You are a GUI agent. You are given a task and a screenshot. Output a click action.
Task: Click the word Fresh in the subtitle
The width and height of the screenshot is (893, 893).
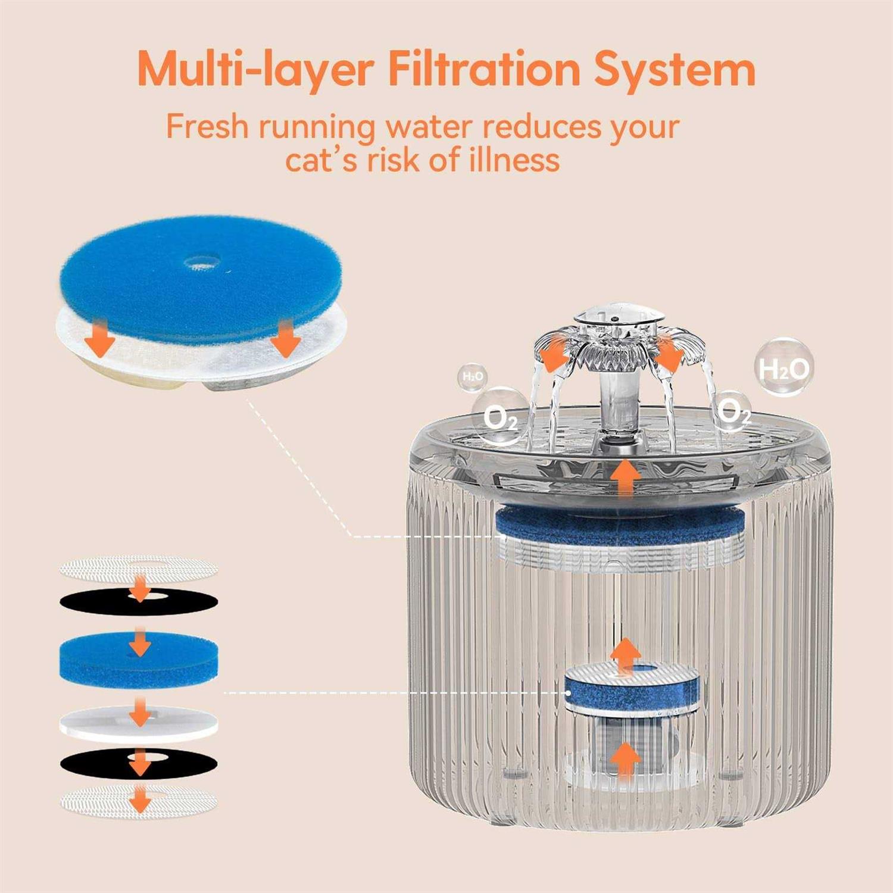[x=206, y=126]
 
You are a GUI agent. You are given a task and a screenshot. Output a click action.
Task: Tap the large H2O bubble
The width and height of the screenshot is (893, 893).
[x=784, y=367]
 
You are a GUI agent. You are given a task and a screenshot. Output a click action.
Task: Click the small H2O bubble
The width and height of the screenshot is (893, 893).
[x=473, y=377]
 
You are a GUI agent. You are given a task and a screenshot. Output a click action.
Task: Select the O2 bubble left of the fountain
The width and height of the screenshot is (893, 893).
[x=500, y=417]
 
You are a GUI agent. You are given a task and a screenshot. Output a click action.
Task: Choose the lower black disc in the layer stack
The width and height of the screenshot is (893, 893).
[x=139, y=763]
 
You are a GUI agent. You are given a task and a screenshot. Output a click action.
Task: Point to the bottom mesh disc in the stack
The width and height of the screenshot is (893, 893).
[x=139, y=801]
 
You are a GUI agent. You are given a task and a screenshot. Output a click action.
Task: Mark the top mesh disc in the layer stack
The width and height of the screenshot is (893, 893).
[x=139, y=568]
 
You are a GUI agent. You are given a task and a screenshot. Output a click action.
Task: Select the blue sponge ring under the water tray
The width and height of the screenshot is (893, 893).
[x=619, y=525]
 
